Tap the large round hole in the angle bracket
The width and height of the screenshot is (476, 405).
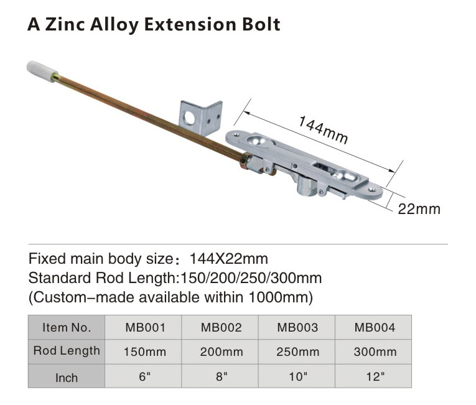[x=189, y=118]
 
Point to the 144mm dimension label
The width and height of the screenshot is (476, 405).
[x=323, y=129]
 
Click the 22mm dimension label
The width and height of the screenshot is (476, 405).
[x=419, y=209]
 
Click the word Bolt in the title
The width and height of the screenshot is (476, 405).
[x=261, y=24]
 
